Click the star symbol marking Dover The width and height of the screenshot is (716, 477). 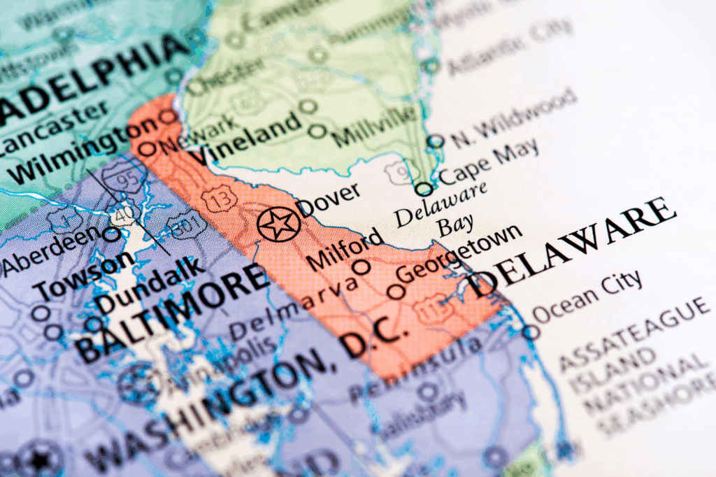(x=278, y=225)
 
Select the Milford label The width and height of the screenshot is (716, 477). (x=346, y=248)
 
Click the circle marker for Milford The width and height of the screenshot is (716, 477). (x=361, y=266)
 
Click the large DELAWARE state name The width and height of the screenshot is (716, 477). (x=573, y=245)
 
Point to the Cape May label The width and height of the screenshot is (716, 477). (x=489, y=161)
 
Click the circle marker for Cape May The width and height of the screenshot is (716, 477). (x=424, y=189)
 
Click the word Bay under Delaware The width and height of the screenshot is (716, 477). (x=456, y=226)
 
